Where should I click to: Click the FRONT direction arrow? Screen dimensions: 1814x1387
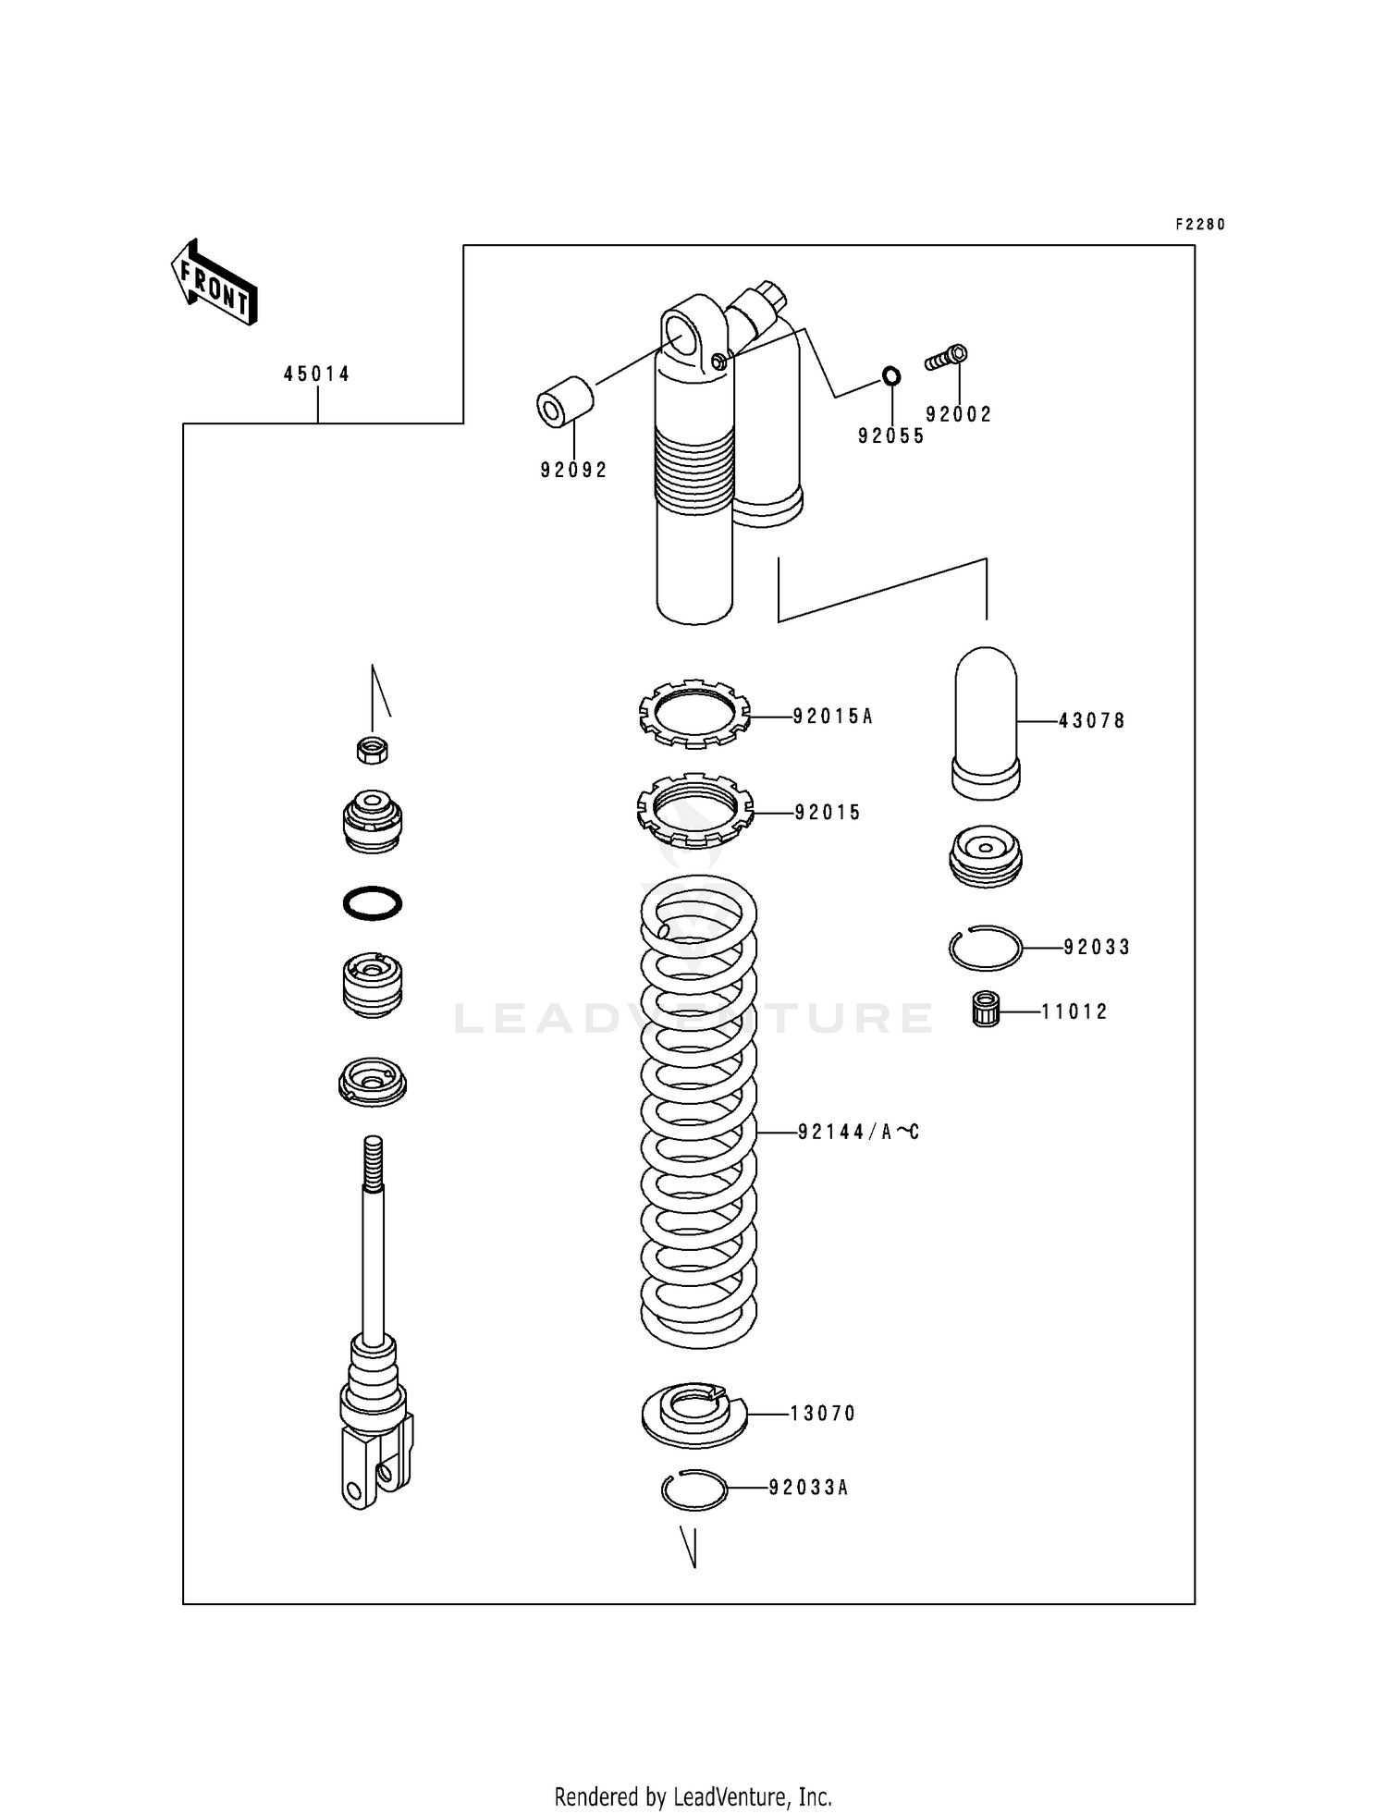[x=214, y=283]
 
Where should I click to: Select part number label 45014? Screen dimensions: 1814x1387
[x=316, y=374]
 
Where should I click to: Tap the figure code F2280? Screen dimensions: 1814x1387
[x=1199, y=225]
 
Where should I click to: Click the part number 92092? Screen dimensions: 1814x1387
[x=574, y=471]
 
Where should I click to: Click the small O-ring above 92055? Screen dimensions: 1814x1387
[x=890, y=376]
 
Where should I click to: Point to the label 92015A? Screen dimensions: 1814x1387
[x=832, y=717]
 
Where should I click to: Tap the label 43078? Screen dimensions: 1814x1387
[x=1092, y=721]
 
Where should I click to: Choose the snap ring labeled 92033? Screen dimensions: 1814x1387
[x=985, y=948]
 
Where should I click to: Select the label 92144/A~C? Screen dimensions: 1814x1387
[x=858, y=1132]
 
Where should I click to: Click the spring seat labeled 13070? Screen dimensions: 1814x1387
[x=694, y=1416]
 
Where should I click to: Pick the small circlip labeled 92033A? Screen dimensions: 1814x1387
[x=693, y=1489]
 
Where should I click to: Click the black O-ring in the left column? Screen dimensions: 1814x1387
[x=372, y=902]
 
